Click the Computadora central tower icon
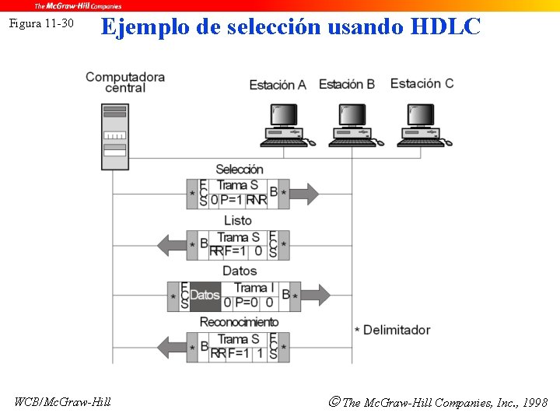pyautogui.click(x=114, y=136)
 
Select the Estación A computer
pyautogui.click(x=285, y=124)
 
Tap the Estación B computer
pyautogui.click(x=354, y=124)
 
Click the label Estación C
pyautogui.click(x=422, y=83)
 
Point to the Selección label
pyautogui.click(x=239, y=169)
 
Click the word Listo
pyautogui.click(x=237, y=221)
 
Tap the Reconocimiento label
pyautogui.click(x=239, y=322)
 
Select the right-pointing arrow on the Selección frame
pyautogui.click(x=305, y=193)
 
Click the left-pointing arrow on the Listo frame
pyautogui.click(x=172, y=245)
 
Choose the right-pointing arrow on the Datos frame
pyautogui.click(x=316, y=296)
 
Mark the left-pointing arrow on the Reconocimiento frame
pyautogui.click(x=172, y=347)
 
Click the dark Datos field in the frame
pyautogui.click(x=205, y=296)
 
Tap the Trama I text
pyautogui.click(x=250, y=288)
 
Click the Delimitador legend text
pyautogui.click(x=396, y=330)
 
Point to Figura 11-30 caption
pyautogui.click(x=40, y=23)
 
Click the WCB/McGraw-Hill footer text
pyautogui.click(x=62, y=401)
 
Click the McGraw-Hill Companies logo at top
pyautogui.click(x=78, y=5)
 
